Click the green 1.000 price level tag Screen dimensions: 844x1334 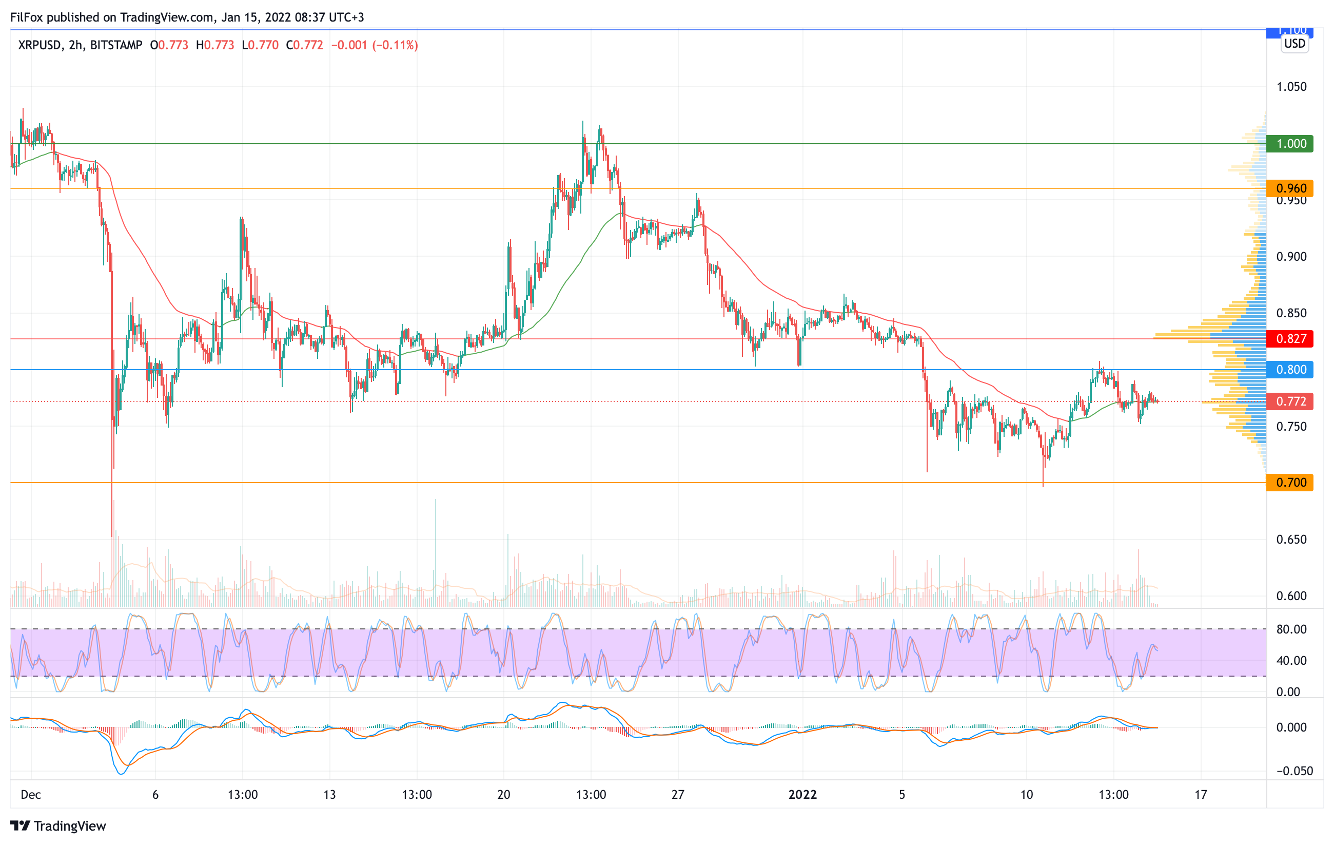click(x=1290, y=144)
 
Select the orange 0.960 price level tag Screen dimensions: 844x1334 click(x=1290, y=188)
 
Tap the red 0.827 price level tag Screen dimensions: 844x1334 click(x=1290, y=339)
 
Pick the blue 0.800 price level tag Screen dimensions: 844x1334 click(x=1290, y=370)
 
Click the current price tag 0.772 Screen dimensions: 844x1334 click(x=1290, y=401)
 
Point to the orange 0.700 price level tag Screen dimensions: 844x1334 click(x=1290, y=483)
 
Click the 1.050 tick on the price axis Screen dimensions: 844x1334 click(x=1291, y=87)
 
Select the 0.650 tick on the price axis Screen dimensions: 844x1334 click(x=1291, y=540)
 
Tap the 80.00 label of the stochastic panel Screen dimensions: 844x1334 click(x=1291, y=629)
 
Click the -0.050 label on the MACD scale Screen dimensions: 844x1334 click(x=1294, y=772)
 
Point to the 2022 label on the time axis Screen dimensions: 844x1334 click(x=802, y=795)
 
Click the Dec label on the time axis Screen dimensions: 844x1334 click(x=31, y=795)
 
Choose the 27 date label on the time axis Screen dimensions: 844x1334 click(x=678, y=795)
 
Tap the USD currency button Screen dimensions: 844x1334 click(x=1294, y=44)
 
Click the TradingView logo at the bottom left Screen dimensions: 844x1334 click(x=57, y=826)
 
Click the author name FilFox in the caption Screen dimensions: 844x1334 click(x=27, y=17)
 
